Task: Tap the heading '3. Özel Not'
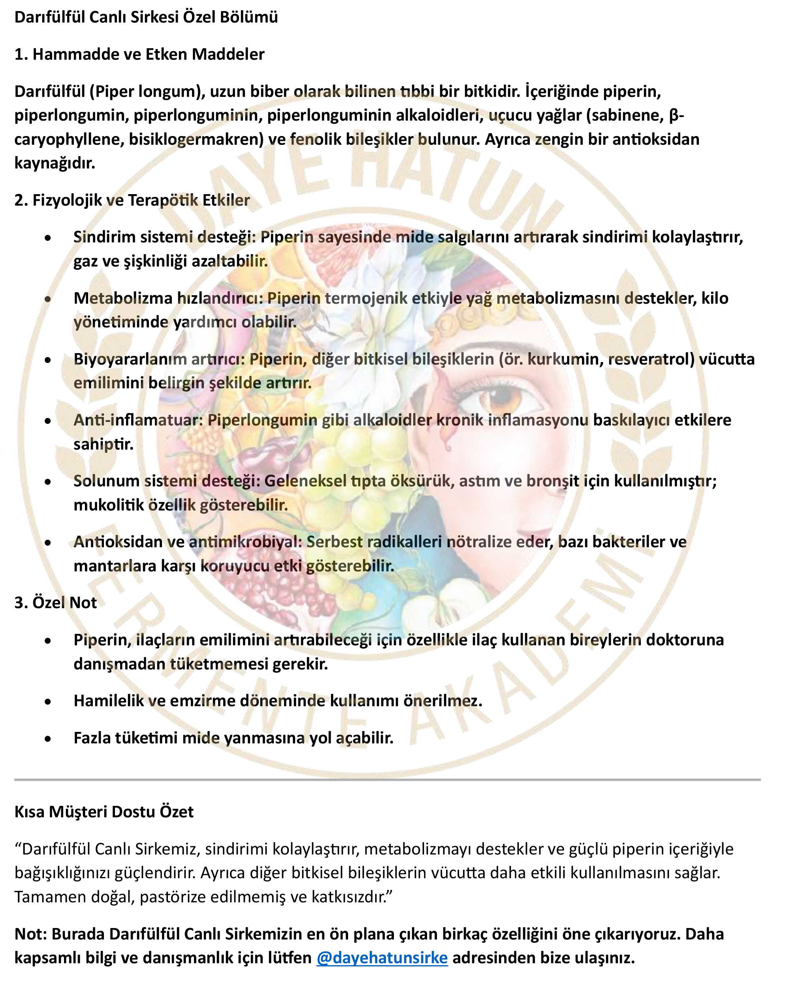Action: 56,603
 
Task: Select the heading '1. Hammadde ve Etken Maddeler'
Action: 139,54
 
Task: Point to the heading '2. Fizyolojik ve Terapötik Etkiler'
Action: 132,200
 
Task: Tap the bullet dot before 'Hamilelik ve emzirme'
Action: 48,702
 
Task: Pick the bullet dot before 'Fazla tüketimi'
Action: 48,739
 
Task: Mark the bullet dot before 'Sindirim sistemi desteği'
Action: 48,238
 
